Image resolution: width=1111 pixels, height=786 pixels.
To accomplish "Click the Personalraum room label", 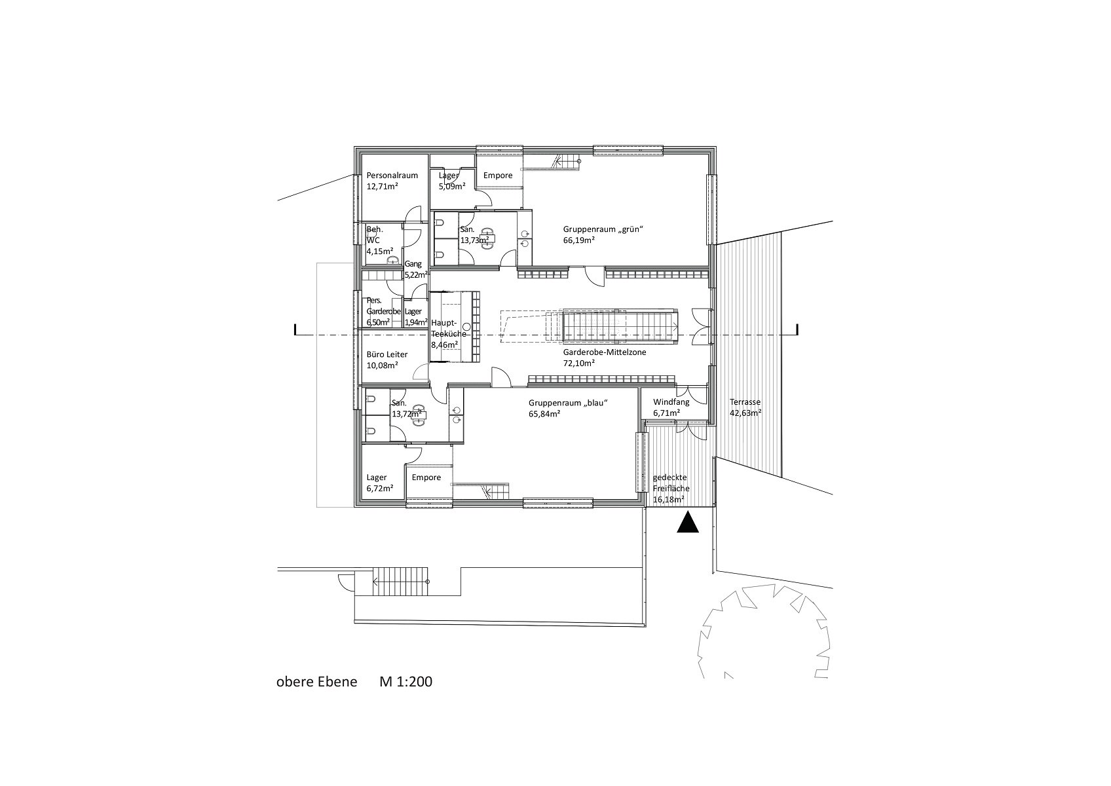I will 392,176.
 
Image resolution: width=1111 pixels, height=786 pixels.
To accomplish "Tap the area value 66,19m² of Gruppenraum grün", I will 578,240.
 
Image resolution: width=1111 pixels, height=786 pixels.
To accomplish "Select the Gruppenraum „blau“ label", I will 569,403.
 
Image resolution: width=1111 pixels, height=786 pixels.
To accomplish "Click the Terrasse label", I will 745,402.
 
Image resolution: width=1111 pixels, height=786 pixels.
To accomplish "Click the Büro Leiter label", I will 387,354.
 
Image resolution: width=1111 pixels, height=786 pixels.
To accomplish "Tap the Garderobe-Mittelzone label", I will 605,352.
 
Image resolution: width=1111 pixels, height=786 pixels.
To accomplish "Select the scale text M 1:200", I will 405,681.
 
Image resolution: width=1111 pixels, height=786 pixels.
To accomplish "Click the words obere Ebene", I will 316,681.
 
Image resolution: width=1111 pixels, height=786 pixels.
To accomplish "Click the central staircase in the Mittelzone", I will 619,326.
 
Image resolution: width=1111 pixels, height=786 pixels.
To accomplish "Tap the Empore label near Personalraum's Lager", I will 498,176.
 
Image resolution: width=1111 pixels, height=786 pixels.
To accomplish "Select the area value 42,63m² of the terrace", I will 745,413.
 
